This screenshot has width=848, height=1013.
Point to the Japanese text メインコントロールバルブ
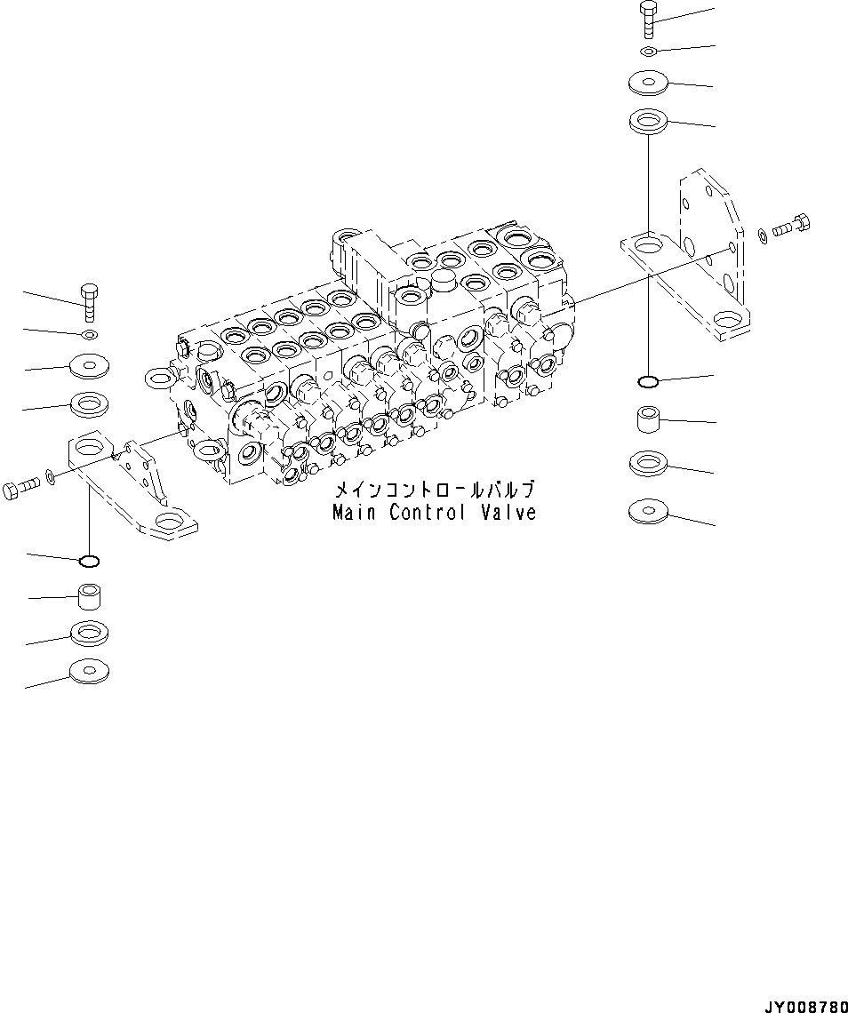pyautogui.click(x=434, y=491)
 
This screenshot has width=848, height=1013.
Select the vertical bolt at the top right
pyautogui.click(x=649, y=20)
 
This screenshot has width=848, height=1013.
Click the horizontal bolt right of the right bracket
pyautogui.click(x=791, y=227)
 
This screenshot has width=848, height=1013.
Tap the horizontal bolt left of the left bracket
pyautogui.click(x=23, y=487)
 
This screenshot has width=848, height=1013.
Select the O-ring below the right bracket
pyautogui.click(x=649, y=382)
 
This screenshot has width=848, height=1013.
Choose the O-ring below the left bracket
pyautogui.click(x=89, y=561)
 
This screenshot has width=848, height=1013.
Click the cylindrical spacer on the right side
pyautogui.click(x=649, y=419)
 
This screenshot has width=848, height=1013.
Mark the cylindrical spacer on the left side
pyautogui.click(x=89, y=594)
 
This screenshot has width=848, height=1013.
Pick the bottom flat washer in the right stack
pyautogui.click(x=649, y=511)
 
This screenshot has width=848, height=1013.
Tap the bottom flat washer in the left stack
pyautogui.click(x=89, y=670)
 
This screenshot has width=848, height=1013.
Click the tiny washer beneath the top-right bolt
pyautogui.click(x=650, y=51)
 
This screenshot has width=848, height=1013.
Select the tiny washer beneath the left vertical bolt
pyautogui.click(x=89, y=334)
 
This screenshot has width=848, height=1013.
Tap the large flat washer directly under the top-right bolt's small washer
pyautogui.click(x=649, y=84)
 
